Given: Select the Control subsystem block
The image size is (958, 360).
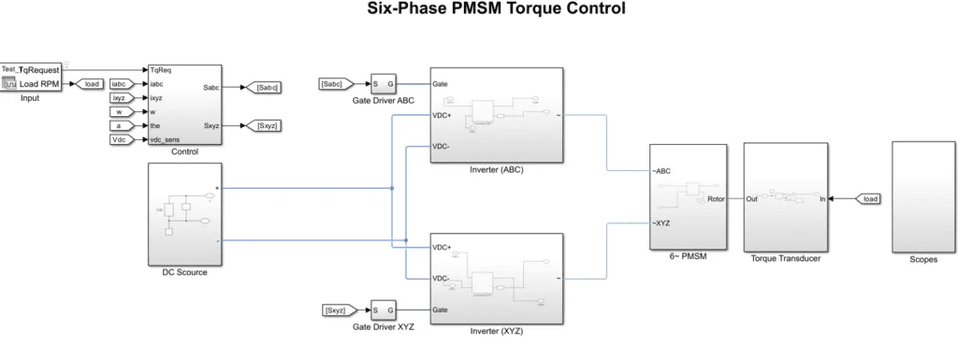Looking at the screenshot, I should click(184, 105).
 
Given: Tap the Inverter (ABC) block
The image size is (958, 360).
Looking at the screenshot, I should click(496, 115).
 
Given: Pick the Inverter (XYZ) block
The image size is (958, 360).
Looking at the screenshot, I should click(496, 277).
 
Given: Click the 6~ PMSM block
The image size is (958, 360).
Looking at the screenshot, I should click(688, 196).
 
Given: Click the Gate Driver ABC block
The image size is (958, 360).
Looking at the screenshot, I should click(383, 84).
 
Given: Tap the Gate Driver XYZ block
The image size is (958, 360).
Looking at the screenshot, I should click(383, 310).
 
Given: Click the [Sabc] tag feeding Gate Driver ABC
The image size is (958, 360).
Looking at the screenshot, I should click(333, 84).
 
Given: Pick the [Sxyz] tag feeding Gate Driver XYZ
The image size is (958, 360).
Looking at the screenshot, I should click(333, 310).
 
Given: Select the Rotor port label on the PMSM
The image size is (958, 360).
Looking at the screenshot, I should click(715, 198).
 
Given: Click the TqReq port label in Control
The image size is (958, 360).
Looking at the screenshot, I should click(160, 70).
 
